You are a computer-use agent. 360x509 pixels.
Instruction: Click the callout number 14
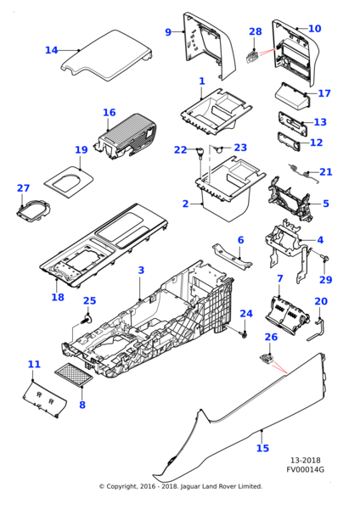click(x=51, y=50)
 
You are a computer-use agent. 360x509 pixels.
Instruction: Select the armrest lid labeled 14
click(x=107, y=55)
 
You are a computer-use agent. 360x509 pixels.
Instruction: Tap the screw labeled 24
click(x=245, y=333)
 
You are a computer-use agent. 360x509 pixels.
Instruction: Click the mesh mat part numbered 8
click(x=74, y=375)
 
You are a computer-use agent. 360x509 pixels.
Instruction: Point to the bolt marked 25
click(x=87, y=319)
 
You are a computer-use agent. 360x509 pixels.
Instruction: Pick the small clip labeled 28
click(x=253, y=56)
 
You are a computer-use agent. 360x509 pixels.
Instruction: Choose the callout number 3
click(x=141, y=270)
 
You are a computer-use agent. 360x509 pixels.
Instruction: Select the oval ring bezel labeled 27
click(x=33, y=211)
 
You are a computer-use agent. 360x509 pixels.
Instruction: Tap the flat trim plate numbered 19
click(x=69, y=182)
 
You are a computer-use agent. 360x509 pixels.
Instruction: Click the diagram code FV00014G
click(x=305, y=469)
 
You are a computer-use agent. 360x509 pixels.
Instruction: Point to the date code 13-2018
click(x=305, y=460)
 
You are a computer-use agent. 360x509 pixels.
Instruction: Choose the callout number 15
click(x=263, y=448)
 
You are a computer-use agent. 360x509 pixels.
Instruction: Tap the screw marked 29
click(x=324, y=258)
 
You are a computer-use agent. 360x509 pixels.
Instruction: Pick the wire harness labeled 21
click(x=302, y=173)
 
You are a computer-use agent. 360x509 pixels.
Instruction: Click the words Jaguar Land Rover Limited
click(x=221, y=486)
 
